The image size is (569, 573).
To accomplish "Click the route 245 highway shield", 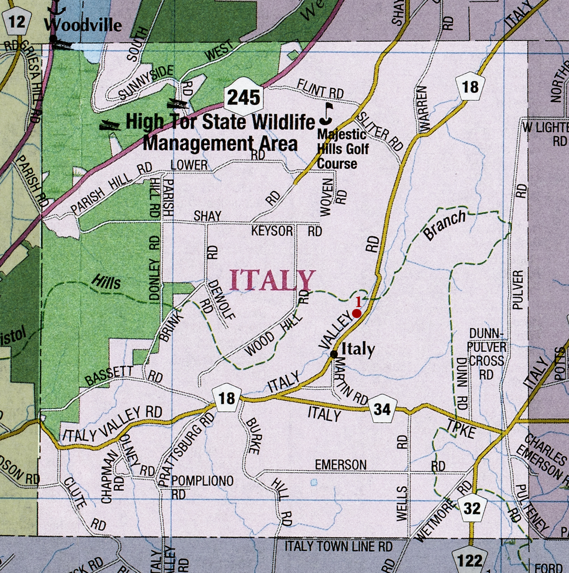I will coord(244,97).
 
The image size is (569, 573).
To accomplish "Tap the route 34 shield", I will coord(383,409).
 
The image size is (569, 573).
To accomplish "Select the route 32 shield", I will coord(472,508).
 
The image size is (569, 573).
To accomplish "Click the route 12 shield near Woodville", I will coord(16,21).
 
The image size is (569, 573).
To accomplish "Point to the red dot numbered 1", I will coord(356,313).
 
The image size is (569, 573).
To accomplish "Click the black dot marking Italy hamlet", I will coord(334,354).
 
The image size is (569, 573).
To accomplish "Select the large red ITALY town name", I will coord(273,280).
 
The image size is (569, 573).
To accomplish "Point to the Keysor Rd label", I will coord(287,232).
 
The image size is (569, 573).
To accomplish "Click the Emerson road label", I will coord(341,465).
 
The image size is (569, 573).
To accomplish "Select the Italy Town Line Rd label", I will coord(338,546).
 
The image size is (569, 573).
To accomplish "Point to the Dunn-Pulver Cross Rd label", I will coord(486,353).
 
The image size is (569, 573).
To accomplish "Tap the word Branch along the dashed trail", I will coord(444,226).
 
